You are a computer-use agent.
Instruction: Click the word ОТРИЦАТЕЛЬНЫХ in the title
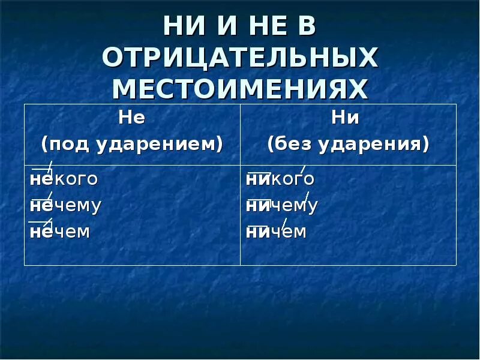click(240, 59)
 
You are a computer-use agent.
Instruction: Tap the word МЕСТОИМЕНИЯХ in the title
click(240, 89)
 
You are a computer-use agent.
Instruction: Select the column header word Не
click(132, 118)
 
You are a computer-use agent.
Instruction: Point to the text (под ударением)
click(132, 144)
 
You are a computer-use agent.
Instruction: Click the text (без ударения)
click(348, 144)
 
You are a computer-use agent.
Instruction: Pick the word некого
click(64, 179)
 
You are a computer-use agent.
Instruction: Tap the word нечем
click(60, 232)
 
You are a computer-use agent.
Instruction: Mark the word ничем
click(276, 232)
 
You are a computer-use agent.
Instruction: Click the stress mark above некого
click(50, 167)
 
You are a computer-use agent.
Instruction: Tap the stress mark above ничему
click(307, 196)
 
